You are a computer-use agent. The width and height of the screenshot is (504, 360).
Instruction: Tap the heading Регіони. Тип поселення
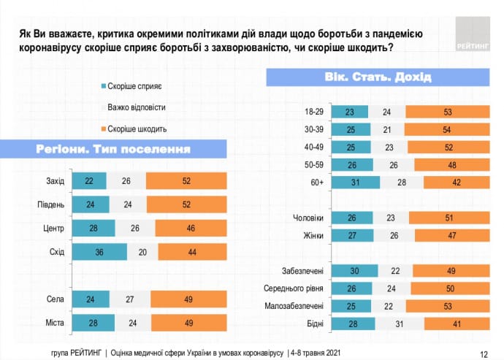(x=113, y=150)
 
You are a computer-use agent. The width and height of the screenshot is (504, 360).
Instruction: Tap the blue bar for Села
(x=90, y=299)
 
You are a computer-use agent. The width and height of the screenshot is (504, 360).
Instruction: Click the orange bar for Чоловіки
(x=448, y=218)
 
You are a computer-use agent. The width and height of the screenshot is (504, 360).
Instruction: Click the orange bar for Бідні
(x=457, y=323)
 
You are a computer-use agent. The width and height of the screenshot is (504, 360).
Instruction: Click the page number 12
(x=484, y=351)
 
